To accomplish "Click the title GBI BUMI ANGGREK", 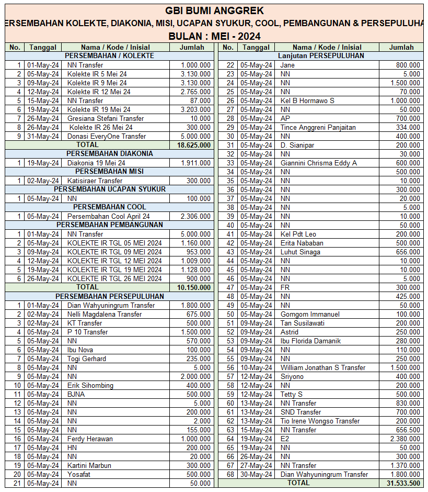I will (x=214, y=10).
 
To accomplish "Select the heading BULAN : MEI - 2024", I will (x=214, y=36).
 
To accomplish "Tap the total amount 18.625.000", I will (x=194, y=145).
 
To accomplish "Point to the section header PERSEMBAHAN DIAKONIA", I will (x=109, y=154).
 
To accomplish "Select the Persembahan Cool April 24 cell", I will (x=108, y=216).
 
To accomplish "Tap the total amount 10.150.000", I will (x=194, y=287).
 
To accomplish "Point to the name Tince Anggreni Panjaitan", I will (x=318, y=127).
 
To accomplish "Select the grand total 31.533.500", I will (x=403, y=483).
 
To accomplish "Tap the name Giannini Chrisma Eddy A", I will (x=318, y=163).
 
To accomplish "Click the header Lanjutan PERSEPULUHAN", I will (x=321, y=56).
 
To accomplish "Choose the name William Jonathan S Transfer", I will (x=322, y=367).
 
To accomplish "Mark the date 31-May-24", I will (x=43, y=136).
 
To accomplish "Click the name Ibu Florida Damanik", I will (x=310, y=341).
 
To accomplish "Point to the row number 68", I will (x=230, y=474).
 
